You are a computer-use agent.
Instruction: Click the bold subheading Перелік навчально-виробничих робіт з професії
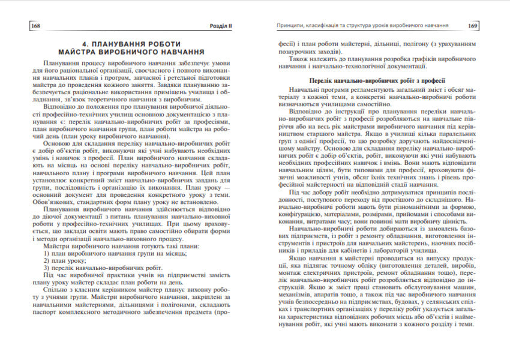tap(376, 80)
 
